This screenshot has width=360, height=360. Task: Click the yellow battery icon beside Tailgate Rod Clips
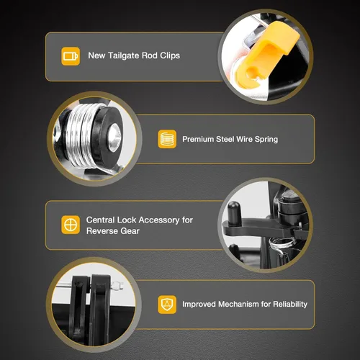pos(71,56)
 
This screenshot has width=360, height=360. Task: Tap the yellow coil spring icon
pos(167,139)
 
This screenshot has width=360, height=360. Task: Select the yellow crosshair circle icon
pos(71,225)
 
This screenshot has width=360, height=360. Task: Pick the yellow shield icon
pos(167,305)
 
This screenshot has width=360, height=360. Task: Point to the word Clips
pos(170,55)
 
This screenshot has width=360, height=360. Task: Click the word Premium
pos(197,139)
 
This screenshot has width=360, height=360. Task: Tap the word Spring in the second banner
pos(266,140)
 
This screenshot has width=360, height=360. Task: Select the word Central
pos(100,220)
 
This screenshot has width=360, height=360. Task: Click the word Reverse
pos(102,231)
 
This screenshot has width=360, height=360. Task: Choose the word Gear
pos(130,231)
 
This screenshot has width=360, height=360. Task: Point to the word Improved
pos(199,305)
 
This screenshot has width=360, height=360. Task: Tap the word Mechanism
pos(238,304)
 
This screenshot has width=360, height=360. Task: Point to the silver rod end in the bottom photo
pos(117,286)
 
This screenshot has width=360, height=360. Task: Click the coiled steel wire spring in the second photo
pos(81,135)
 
